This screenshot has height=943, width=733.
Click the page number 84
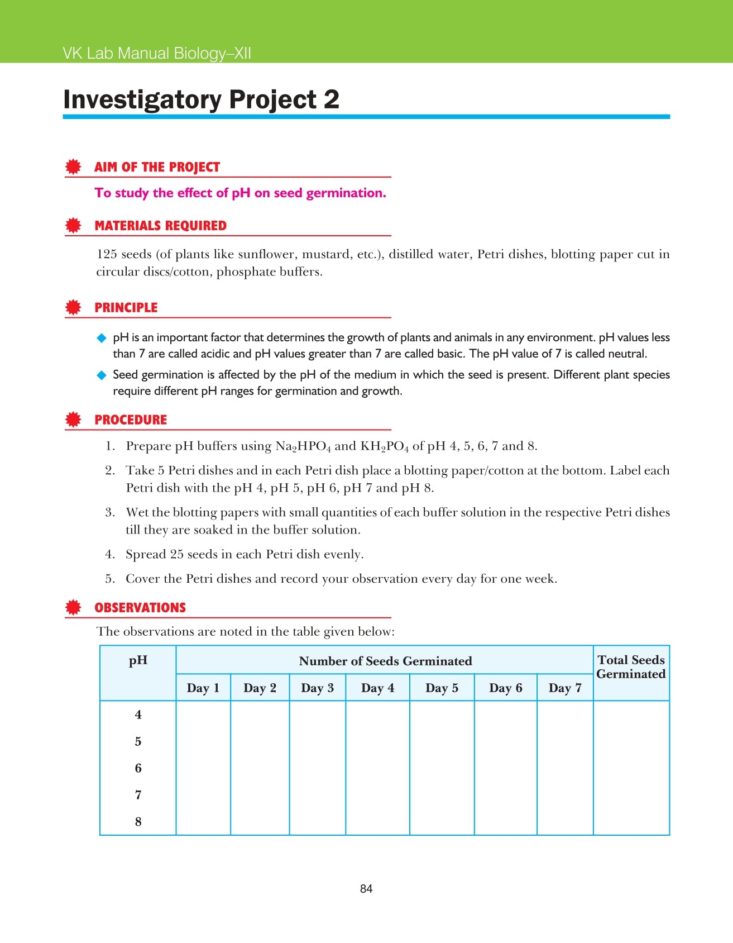pyautogui.click(x=366, y=889)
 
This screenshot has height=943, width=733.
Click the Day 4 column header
pyautogui.click(x=377, y=688)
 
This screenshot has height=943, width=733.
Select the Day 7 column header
pyautogui.click(x=564, y=688)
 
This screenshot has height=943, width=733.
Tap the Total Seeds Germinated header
pyautogui.click(x=631, y=667)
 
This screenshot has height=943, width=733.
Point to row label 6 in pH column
pyautogui.click(x=138, y=768)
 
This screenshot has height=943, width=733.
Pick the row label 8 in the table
pyautogui.click(x=138, y=822)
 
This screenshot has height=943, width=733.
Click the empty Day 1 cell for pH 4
pyautogui.click(x=203, y=715)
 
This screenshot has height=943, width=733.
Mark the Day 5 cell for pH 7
pyautogui.click(x=442, y=795)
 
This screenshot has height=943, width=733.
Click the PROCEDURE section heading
pyautogui.click(x=131, y=420)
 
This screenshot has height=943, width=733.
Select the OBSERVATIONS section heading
pyautogui.click(x=140, y=608)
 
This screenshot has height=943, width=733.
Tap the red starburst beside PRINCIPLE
pyautogui.click(x=73, y=307)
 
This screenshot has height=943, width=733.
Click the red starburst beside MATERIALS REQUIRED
pyautogui.click(x=73, y=226)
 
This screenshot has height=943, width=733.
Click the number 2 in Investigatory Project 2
pyautogui.click(x=331, y=99)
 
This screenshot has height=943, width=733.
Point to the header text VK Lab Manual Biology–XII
pyautogui.click(x=157, y=54)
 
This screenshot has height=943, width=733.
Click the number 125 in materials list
pyautogui.click(x=107, y=254)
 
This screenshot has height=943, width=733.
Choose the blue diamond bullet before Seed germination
pyautogui.click(x=102, y=375)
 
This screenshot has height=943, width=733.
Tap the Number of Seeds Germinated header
pyautogui.click(x=385, y=661)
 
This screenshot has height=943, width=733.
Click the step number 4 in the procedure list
pyautogui.click(x=110, y=554)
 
